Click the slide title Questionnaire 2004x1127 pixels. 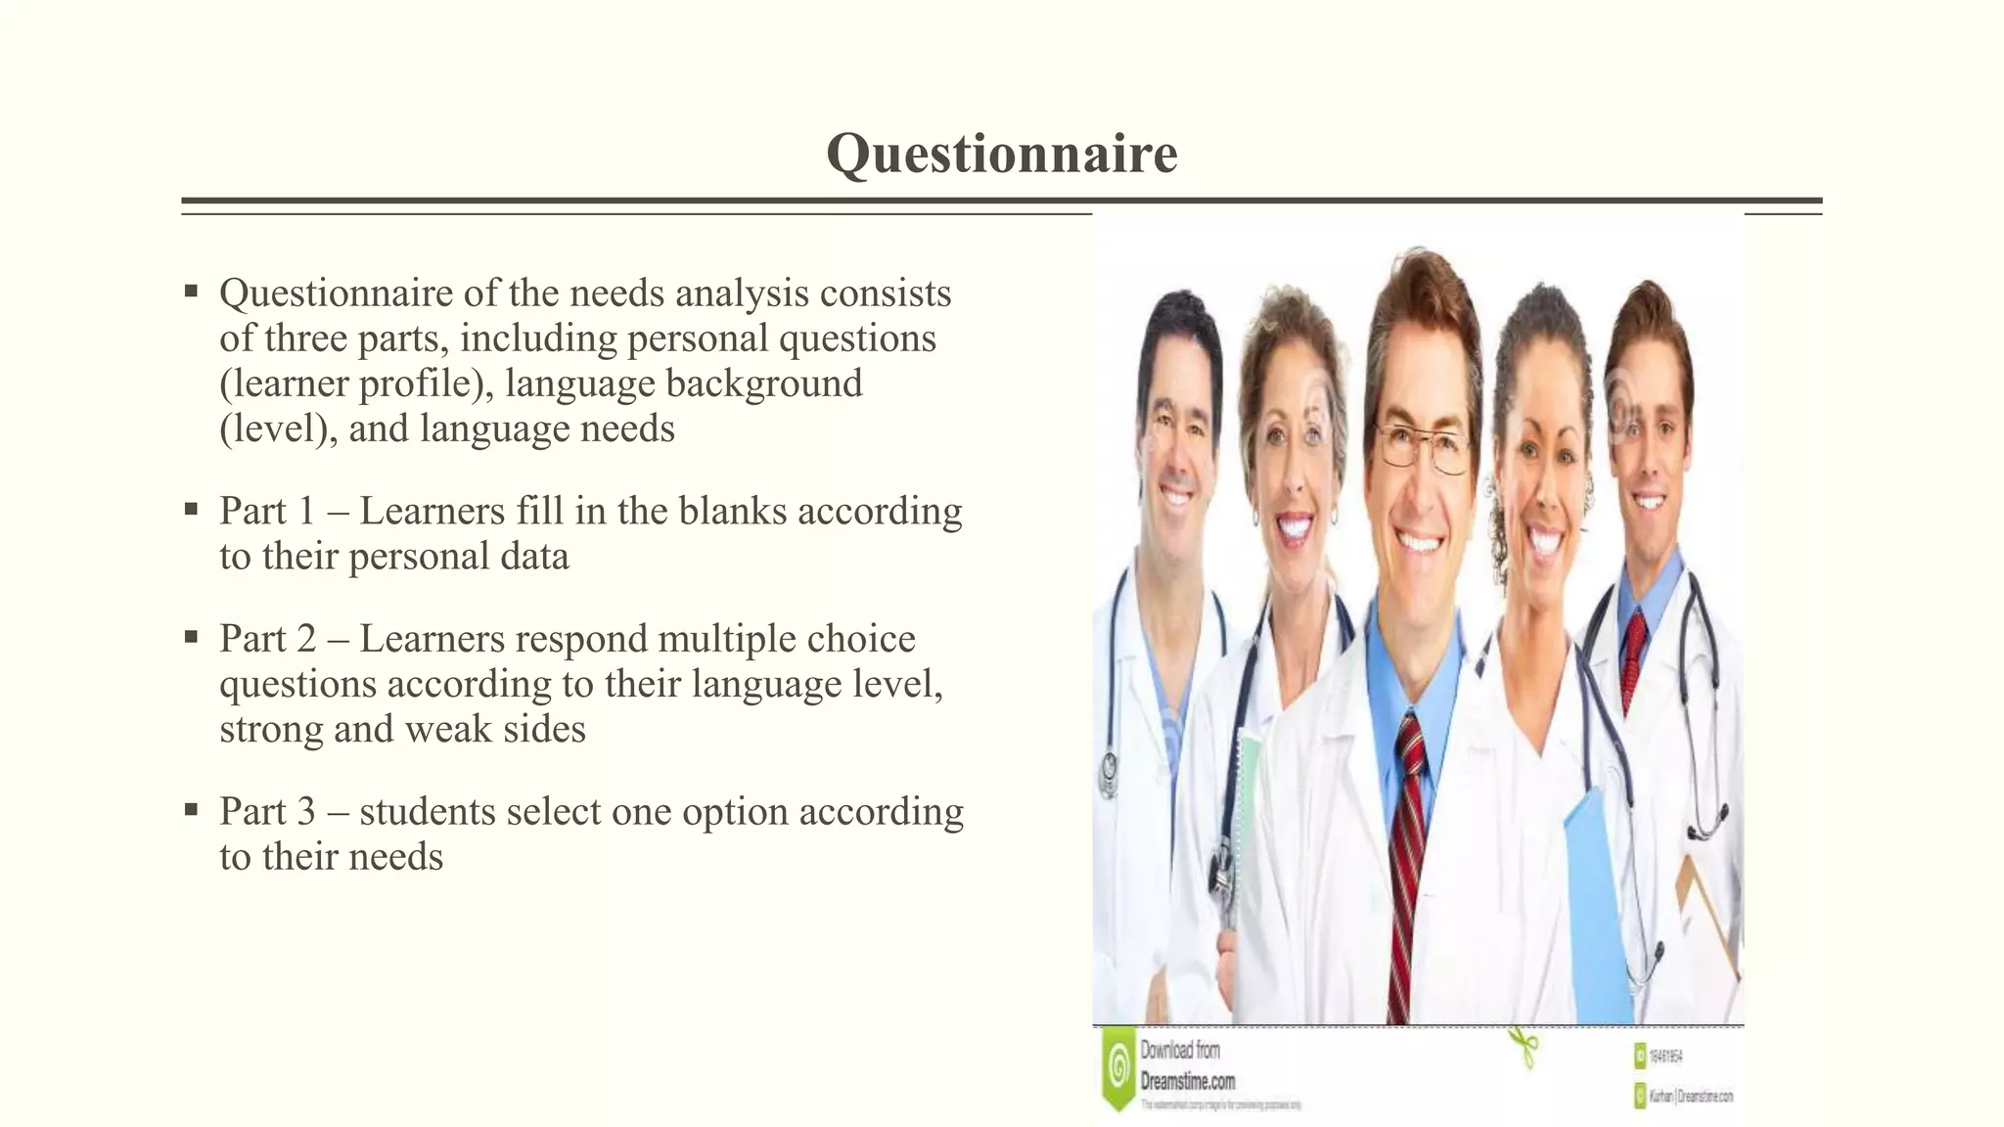coord(1001,155)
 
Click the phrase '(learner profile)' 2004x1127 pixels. coord(357,383)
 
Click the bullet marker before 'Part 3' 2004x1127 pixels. coord(191,810)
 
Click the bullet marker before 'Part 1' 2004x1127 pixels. coord(191,510)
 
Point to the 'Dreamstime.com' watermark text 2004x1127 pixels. coord(1187,1081)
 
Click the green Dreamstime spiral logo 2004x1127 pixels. coord(1116,1068)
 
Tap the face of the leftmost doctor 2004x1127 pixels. coord(1179,430)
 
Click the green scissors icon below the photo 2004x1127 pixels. coord(1522,1047)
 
